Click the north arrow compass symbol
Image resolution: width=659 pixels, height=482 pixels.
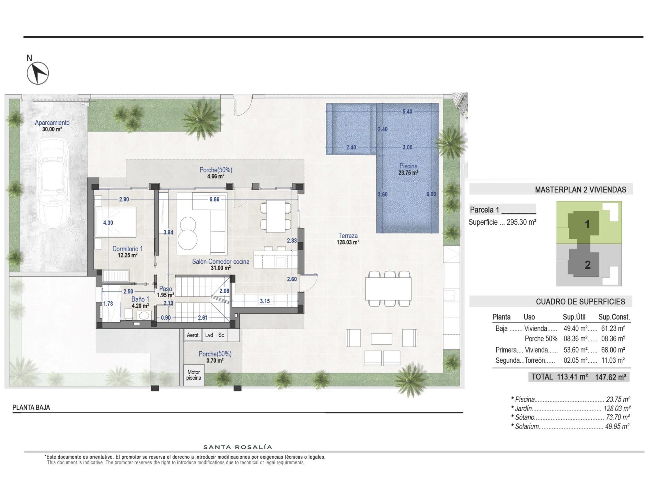[x=38, y=73]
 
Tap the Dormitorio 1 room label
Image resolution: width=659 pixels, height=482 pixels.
[x=127, y=252]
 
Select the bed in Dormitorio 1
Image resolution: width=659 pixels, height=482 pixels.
[x=115, y=222]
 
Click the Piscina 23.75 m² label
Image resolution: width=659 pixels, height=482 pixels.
[x=408, y=169]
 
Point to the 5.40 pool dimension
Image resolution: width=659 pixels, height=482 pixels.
[x=407, y=111]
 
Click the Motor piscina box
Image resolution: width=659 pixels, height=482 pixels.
[x=194, y=375]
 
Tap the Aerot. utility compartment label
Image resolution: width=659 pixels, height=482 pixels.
[x=193, y=335]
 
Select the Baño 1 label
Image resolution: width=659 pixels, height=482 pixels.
[x=140, y=302]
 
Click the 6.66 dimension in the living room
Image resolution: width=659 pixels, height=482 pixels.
[x=214, y=199]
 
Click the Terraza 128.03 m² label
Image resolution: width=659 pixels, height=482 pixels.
[x=348, y=239]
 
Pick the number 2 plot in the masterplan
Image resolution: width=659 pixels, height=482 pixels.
[x=587, y=265]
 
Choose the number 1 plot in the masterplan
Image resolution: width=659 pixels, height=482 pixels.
[x=587, y=225]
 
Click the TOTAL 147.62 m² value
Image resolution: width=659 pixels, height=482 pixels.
[x=610, y=377]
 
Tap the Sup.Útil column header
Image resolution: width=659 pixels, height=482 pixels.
[x=574, y=317]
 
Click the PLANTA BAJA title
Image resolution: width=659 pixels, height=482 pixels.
[x=31, y=407]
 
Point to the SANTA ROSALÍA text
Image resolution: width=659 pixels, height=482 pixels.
[x=238, y=447]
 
